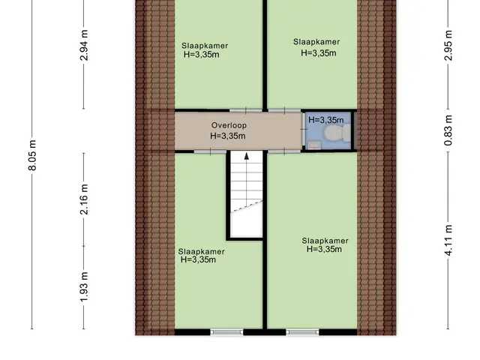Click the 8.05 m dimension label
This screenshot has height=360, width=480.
[x=32, y=155]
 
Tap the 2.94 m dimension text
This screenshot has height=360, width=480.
[x=84, y=45]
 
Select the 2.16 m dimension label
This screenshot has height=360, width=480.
[x=84, y=199]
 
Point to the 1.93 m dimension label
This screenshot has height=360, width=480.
[x=84, y=286]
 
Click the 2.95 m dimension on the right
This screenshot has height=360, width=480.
[x=448, y=45]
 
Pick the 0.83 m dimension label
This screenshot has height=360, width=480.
[x=448, y=130]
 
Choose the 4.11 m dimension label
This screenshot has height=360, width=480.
[x=448, y=240]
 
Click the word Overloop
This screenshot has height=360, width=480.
[x=229, y=125]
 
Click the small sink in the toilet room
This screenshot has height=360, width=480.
[x=314, y=145]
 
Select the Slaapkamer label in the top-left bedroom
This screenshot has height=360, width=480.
[x=205, y=46]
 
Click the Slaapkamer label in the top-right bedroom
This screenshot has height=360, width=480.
[x=316, y=42]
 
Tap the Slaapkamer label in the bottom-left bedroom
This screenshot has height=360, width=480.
[x=202, y=252]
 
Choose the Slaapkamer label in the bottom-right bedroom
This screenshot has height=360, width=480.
[x=325, y=241]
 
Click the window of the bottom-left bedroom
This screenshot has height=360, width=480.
[x=226, y=332]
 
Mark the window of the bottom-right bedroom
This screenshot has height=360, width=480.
[x=302, y=332]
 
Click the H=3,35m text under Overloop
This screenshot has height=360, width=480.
[x=228, y=136]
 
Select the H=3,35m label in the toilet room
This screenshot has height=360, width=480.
[x=325, y=120]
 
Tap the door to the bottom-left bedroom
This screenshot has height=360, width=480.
[x=210, y=151]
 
